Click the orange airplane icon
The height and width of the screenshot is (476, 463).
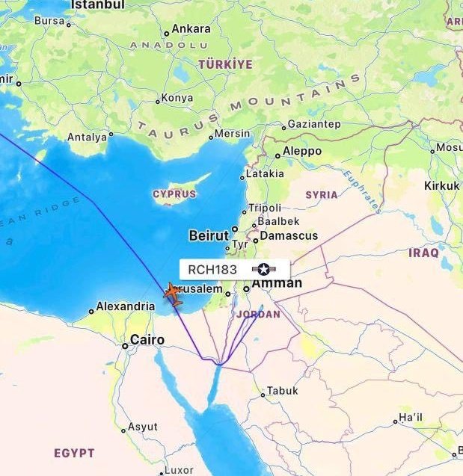click(x=172, y=294)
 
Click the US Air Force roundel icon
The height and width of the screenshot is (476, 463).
click(x=263, y=269)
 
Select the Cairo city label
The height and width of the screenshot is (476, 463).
click(x=147, y=340)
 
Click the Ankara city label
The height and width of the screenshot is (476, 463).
click(x=191, y=29)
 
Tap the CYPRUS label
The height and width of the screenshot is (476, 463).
click(x=174, y=194)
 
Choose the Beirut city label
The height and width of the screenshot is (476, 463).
click(x=209, y=235)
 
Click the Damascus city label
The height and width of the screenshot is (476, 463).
click(x=288, y=235)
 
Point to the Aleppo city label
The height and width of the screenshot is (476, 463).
click(x=302, y=152)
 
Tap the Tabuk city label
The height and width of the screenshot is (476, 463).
click(x=283, y=391)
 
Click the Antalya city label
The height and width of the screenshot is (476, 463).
click(x=88, y=137)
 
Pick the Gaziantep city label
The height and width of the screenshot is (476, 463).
click(x=314, y=124)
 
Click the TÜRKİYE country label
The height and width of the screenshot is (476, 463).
click(x=225, y=65)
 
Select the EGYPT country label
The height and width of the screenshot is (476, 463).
click(x=74, y=453)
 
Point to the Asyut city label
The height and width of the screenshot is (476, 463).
click(x=143, y=427)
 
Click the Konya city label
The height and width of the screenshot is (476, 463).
click(x=177, y=98)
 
